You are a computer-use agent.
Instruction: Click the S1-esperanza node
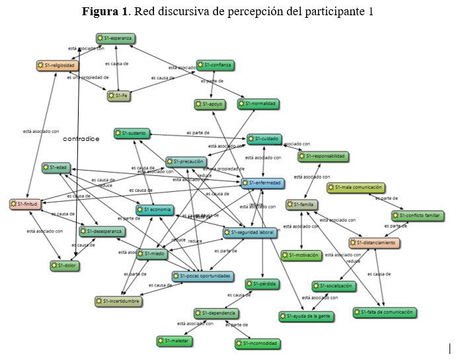(115, 38)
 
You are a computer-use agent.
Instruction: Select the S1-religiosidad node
(58, 66)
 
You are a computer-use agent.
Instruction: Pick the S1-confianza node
(216, 65)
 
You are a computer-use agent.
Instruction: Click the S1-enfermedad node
(262, 183)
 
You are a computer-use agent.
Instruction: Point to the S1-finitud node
(26, 204)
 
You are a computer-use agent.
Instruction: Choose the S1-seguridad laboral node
(250, 233)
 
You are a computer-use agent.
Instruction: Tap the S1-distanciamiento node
(375, 243)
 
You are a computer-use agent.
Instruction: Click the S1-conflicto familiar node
(417, 216)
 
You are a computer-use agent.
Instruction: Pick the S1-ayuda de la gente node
(306, 316)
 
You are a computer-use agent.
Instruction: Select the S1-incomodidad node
(257, 343)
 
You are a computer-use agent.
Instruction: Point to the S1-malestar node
(175, 341)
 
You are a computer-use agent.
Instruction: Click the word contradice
(81, 140)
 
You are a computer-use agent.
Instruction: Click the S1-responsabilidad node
(323, 156)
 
